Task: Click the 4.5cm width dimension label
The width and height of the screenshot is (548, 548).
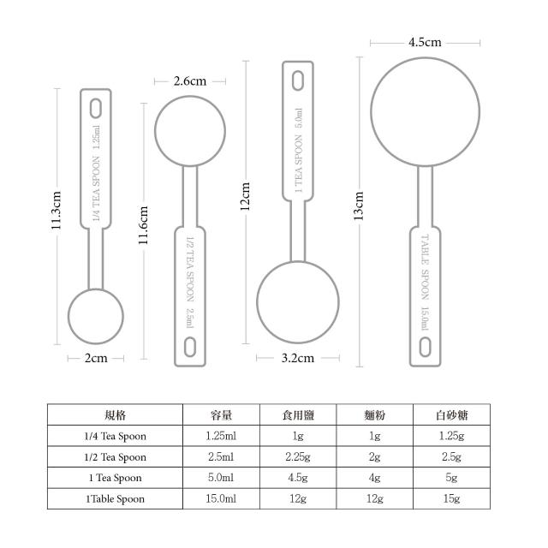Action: point(425,42)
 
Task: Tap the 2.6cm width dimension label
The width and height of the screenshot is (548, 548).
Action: point(190,81)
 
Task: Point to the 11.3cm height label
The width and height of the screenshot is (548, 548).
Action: point(56,211)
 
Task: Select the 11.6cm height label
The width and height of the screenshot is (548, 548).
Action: point(143,225)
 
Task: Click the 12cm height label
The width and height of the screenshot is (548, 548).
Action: point(245,196)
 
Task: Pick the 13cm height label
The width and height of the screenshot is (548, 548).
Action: point(358,205)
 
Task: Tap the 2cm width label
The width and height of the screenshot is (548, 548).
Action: point(96,358)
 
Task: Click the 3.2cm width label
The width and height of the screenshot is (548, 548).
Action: point(297,358)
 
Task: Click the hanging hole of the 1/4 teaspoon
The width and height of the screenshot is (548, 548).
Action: point(96,109)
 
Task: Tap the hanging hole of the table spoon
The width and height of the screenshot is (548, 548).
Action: point(425,347)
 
